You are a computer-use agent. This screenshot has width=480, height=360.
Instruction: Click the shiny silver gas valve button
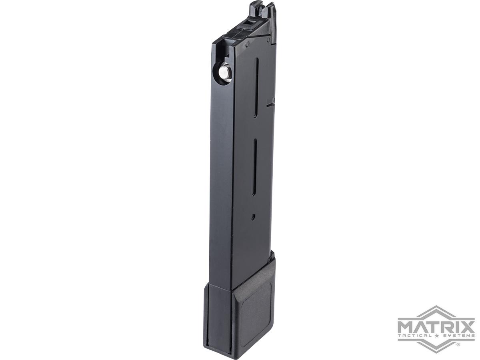[x=223, y=72]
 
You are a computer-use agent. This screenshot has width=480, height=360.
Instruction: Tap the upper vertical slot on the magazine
[x=256, y=88]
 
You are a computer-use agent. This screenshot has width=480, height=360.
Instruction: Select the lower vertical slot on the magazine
[x=254, y=167]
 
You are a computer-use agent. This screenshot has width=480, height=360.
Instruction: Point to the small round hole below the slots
[x=253, y=217]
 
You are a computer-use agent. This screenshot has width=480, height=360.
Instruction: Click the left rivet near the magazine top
[x=247, y=44]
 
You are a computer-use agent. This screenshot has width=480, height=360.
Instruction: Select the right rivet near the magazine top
[x=268, y=40]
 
